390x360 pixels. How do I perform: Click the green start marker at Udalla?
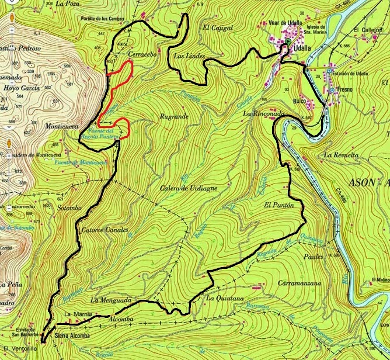pos(287,44)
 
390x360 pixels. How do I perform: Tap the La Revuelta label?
pos(340,155)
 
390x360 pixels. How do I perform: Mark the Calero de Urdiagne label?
pos(186,189)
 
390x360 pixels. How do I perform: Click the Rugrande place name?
pos(173,116)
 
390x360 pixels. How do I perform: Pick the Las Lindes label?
pos(188,56)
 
